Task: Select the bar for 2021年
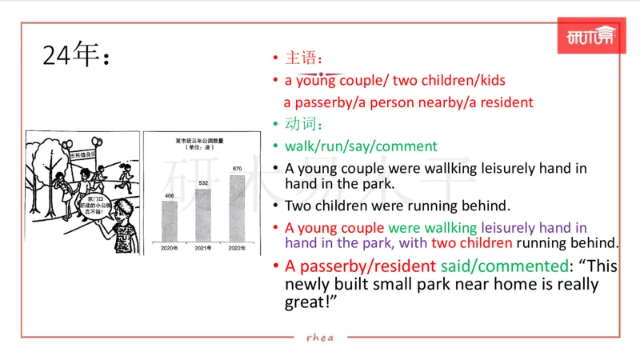(202, 214)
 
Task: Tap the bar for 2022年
(237, 208)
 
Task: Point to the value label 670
(237, 169)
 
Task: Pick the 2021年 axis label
(202, 248)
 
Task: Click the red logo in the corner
(590, 37)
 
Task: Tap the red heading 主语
(304, 58)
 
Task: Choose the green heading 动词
(304, 124)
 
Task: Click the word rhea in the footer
(320, 337)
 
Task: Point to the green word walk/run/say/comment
(361, 146)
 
